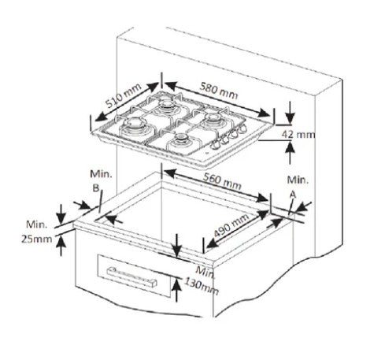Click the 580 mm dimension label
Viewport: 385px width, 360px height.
219,91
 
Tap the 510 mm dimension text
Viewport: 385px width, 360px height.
124,95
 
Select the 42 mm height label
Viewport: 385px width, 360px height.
298,135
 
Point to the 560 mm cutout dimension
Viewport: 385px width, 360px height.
222,181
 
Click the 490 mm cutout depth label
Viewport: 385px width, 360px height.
231,225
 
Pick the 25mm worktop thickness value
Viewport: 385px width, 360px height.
36,239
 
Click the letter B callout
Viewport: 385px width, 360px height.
96,188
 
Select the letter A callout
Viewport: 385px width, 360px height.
293,195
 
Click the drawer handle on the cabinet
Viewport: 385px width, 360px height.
131,276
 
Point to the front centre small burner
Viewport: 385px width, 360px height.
181,139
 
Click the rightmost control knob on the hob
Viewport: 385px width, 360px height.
243,128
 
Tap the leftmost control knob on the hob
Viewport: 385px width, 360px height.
216,144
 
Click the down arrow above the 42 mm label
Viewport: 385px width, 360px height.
291,112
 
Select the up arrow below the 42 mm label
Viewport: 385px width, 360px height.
290,153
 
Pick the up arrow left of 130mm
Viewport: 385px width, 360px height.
177,290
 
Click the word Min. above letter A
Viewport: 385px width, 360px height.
298,180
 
